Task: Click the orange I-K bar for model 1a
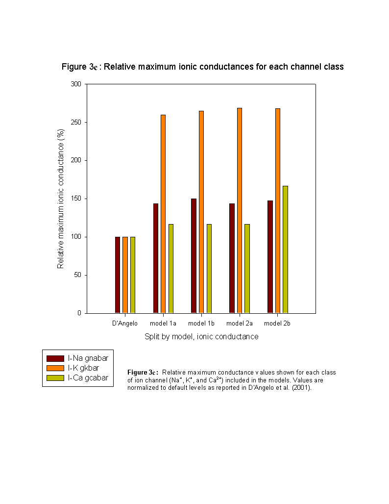163,214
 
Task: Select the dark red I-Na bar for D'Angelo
118,275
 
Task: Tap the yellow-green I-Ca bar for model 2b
285,250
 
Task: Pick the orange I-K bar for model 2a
239,210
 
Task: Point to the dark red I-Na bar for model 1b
194,256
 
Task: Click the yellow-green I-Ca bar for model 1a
171,269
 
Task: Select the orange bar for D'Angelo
125,275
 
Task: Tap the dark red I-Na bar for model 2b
270,257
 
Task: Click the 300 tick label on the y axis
76,84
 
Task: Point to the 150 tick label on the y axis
76,199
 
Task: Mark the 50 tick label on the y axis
78,275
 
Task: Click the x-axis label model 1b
201,324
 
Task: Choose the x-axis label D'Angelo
124,324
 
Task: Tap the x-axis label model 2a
239,324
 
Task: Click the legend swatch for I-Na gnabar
55,358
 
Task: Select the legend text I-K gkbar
83,368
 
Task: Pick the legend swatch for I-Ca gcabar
55,378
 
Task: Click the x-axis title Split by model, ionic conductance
201,336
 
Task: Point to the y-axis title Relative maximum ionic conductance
61,199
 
